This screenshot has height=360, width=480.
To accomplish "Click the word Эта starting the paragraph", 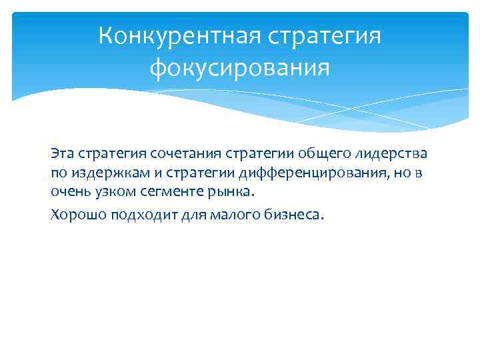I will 61,154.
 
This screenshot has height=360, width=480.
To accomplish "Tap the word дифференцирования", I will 313,173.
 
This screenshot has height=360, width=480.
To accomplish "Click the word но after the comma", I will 407,173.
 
